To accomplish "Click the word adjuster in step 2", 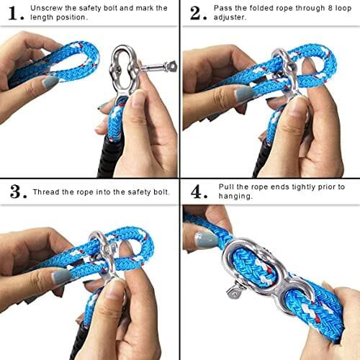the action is click(230, 17).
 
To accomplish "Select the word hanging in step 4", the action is click(235, 197).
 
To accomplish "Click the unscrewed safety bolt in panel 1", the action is click(158, 67).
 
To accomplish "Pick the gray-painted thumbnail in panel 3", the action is click(60, 276).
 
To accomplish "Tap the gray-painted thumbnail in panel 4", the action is click(206, 240).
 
